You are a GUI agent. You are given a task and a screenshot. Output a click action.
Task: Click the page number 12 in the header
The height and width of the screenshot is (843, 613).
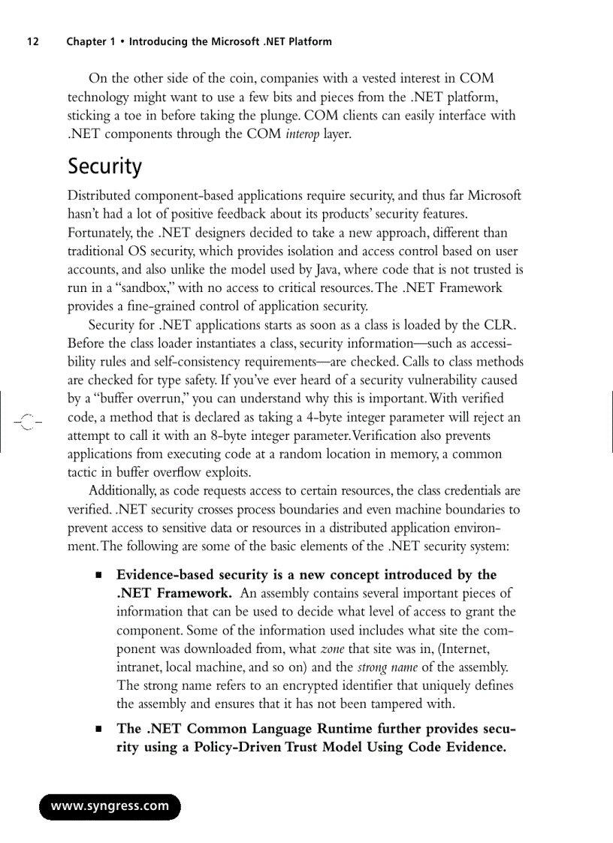tap(33, 42)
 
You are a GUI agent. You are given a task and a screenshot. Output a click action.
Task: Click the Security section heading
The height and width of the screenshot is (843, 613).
tap(104, 167)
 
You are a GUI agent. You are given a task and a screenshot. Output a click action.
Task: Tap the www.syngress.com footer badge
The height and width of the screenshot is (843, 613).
tap(110, 806)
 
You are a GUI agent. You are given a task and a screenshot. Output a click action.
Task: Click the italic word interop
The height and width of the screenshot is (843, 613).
tap(303, 134)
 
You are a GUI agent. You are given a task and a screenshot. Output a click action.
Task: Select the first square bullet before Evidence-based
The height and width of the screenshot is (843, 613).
tap(98, 576)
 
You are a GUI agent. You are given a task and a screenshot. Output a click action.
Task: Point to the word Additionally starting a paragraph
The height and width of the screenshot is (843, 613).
tap(122, 491)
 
